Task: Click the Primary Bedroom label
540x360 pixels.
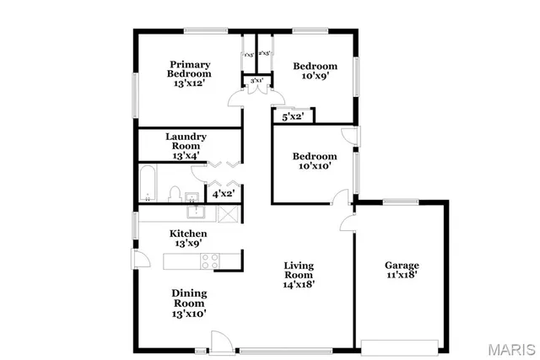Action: (x=189, y=73)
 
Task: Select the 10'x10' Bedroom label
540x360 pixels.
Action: (x=315, y=161)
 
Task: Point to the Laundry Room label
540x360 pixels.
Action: (x=186, y=146)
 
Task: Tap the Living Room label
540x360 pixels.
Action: (x=299, y=274)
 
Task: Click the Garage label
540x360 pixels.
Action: (x=402, y=270)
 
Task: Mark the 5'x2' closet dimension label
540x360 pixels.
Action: (x=293, y=117)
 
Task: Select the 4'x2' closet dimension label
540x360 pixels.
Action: (x=223, y=194)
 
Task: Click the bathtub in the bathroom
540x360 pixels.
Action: (x=148, y=185)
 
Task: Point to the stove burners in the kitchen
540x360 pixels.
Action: (x=209, y=261)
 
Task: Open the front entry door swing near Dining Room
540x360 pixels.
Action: (x=219, y=341)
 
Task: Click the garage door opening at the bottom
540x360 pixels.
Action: (x=399, y=343)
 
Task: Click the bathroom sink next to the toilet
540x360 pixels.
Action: (x=193, y=198)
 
